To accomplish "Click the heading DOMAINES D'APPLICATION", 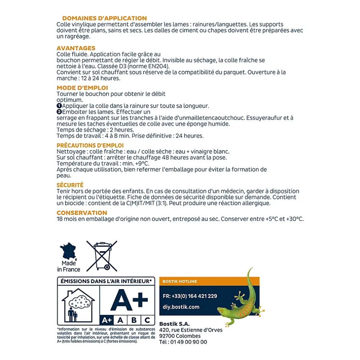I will pyautogui.click(x=104, y=18).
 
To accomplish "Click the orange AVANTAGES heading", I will pyautogui.click(x=76, y=48).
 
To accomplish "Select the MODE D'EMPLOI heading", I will pyautogui.click(x=82, y=88).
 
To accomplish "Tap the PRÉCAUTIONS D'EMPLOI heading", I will pyautogui.click(x=90, y=146).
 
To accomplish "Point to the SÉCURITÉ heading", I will pyautogui.click(x=70, y=185).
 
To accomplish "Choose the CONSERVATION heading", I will pyautogui.click(x=82, y=213).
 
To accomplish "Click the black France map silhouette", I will pyautogui.click(x=69, y=251).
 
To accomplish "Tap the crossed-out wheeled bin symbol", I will pyautogui.click(x=101, y=256).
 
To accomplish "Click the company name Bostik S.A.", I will pyautogui.click(x=174, y=324).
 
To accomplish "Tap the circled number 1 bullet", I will pyautogui.click(x=59, y=106).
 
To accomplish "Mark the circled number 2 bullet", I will pyautogui.click(x=59, y=112).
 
